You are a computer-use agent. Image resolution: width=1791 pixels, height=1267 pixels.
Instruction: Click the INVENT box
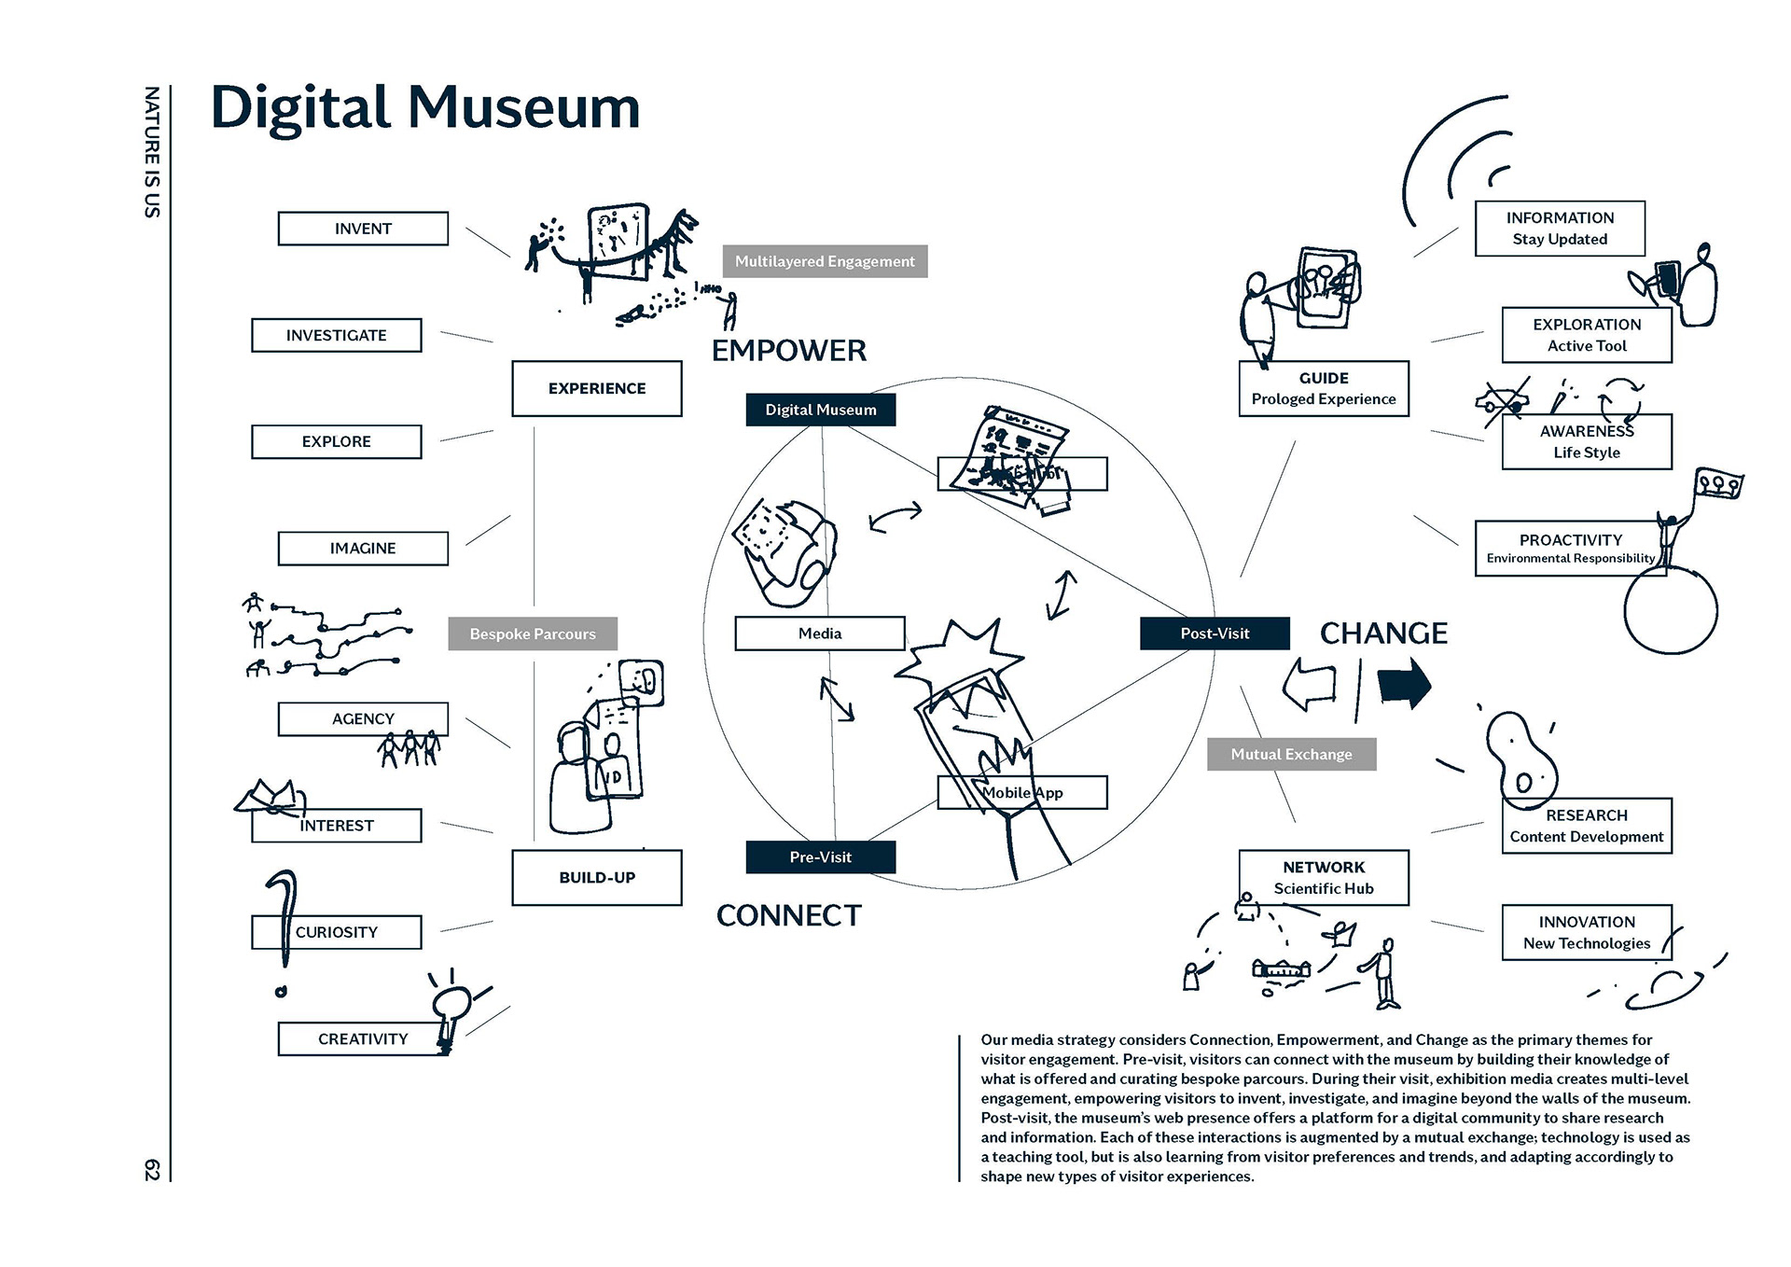coord(363,229)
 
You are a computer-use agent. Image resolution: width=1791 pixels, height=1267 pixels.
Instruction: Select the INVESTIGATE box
coord(336,335)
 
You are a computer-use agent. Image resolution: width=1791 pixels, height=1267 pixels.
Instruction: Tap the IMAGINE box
coord(363,549)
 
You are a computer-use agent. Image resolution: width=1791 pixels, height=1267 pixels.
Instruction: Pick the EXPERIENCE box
coord(596,388)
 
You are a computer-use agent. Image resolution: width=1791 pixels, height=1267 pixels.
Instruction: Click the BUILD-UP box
coord(596,877)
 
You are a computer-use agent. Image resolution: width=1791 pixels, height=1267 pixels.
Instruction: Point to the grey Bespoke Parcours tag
coord(532,633)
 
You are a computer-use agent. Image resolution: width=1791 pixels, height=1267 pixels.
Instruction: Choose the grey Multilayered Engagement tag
coord(825,261)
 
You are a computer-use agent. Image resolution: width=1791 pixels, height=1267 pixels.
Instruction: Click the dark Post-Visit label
coord(1215,633)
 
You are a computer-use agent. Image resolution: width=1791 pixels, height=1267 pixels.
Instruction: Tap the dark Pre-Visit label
coord(820,856)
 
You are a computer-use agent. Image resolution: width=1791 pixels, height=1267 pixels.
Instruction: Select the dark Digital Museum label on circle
coord(820,410)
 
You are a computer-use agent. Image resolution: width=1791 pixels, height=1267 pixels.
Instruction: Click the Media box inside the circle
coord(819,633)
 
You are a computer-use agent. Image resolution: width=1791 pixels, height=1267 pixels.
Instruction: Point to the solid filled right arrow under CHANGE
coord(1404,684)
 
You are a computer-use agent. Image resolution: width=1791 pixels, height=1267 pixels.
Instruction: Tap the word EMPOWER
coord(788,351)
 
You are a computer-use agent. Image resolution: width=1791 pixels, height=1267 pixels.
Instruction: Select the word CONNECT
coord(788,916)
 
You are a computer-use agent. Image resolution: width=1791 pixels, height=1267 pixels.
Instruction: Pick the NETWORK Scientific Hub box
coord(1323,877)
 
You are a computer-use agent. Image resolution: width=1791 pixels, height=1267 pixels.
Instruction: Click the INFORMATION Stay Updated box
coord(1559,229)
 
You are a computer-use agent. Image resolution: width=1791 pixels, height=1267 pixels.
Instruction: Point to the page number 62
coord(152,1170)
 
